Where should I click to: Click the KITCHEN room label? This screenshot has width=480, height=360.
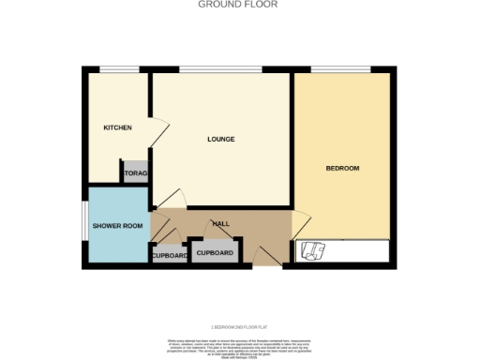117,127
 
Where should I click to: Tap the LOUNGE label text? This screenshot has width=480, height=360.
220,140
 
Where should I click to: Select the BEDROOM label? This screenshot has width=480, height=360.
342,168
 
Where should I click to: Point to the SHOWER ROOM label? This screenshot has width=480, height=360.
118,226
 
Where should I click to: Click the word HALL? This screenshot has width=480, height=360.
220,224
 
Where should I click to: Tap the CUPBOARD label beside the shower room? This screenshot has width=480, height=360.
170,255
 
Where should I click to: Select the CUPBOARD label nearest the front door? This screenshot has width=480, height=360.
215,252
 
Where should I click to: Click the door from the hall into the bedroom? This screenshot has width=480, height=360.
300,224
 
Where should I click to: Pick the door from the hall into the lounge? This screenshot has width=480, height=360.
172,201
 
